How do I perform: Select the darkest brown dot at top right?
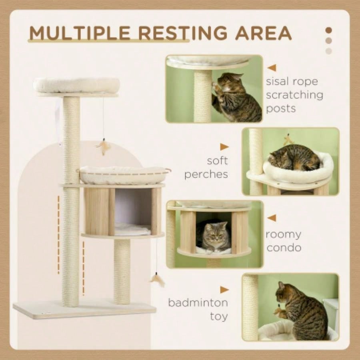329,30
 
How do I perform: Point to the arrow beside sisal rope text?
272,68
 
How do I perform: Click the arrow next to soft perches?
224,147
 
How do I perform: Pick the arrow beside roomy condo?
272,218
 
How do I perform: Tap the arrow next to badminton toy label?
224,290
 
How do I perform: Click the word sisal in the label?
278,82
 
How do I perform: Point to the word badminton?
198,303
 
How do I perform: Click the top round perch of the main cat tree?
76,86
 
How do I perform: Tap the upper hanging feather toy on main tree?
104,147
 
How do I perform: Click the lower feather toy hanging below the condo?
157,280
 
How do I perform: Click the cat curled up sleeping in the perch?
294,158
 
